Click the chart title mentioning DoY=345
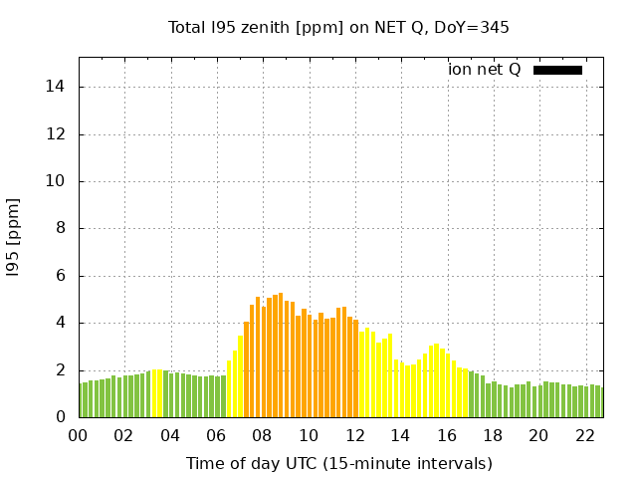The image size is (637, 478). [338, 28]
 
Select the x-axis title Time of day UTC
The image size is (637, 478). [338, 463]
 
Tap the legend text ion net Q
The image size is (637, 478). [484, 70]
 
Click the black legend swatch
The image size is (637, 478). [557, 70]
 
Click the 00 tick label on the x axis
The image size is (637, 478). [78, 435]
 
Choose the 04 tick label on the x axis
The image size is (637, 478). [170, 435]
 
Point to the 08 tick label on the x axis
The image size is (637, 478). [262, 435]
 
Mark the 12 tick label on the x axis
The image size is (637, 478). [354, 435]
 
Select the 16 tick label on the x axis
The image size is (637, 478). [446, 435]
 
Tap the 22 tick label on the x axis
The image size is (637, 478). [584, 435]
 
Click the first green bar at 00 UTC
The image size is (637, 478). [82, 400]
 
